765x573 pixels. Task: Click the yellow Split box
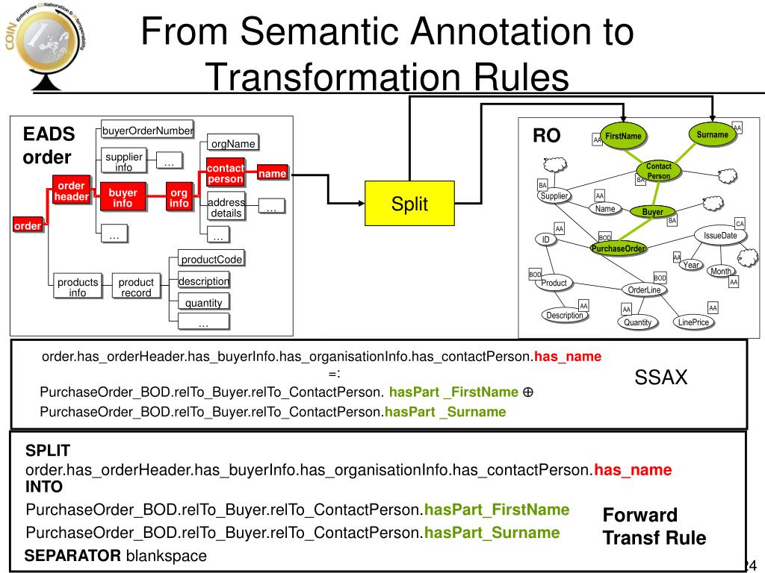tap(409, 204)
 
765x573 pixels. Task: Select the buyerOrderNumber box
tap(148, 131)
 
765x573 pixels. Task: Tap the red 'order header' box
tap(71, 191)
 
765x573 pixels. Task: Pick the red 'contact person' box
tap(225, 173)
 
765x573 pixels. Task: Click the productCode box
tap(212, 259)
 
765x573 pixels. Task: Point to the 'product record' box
tap(136, 287)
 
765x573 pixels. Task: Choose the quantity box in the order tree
tap(204, 303)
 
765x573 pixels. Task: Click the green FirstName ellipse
tap(623, 137)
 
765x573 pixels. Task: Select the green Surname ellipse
tap(712, 135)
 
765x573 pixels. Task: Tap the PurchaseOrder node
tap(618, 248)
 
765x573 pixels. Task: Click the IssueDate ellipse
tap(720, 236)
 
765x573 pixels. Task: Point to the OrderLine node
tap(644, 289)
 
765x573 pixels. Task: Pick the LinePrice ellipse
tap(693, 322)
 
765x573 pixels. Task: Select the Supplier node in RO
tap(554, 196)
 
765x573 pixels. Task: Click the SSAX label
tap(660, 378)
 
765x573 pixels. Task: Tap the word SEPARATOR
tap(72, 556)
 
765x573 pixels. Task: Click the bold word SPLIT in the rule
tap(48, 451)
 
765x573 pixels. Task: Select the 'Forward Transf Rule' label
tap(654, 527)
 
